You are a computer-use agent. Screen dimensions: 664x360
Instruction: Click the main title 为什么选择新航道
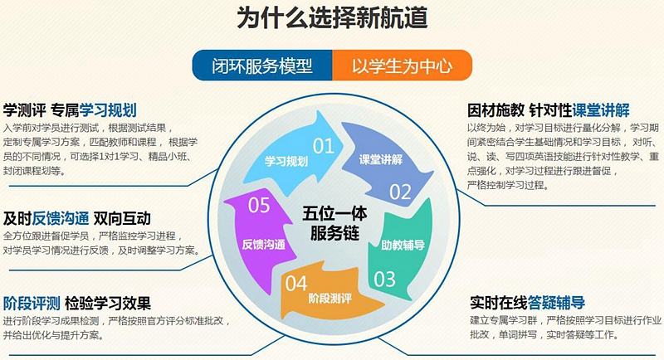[x=331, y=17]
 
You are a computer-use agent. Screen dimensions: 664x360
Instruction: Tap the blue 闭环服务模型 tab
[x=262, y=66]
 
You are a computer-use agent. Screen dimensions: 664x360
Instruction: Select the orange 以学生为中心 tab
[x=403, y=66]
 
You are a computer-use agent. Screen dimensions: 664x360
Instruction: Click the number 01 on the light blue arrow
[x=324, y=146]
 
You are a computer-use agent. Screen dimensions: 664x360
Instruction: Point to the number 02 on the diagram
[x=400, y=192]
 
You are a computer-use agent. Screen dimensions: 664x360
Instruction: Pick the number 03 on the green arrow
[x=384, y=280]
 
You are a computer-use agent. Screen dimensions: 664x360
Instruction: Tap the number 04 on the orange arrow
[x=296, y=284]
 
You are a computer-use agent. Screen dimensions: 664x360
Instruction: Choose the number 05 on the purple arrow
[x=259, y=206]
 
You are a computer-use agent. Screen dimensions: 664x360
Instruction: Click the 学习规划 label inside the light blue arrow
[x=286, y=161]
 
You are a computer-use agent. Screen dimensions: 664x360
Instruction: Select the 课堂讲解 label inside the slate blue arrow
[x=381, y=159]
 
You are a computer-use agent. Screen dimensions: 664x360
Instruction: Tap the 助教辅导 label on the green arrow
[x=403, y=245]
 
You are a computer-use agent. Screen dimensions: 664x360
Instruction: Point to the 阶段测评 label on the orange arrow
[x=330, y=299]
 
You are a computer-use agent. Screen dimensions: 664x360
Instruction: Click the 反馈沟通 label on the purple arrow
[x=263, y=244]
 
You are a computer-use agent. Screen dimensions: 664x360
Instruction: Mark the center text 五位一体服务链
[x=334, y=223]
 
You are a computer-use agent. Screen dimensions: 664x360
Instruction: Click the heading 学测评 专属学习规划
[x=70, y=110]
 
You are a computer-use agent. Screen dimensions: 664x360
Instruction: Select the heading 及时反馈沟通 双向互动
[x=77, y=219]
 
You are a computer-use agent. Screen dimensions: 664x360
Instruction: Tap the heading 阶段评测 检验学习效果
[x=77, y=304]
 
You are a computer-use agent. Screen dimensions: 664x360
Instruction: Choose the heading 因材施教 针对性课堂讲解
[x=549, y=110]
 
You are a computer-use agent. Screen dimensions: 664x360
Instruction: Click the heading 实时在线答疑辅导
[x=528, y=303]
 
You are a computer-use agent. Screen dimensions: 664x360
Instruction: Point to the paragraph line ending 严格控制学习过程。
[x=508, y=185]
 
